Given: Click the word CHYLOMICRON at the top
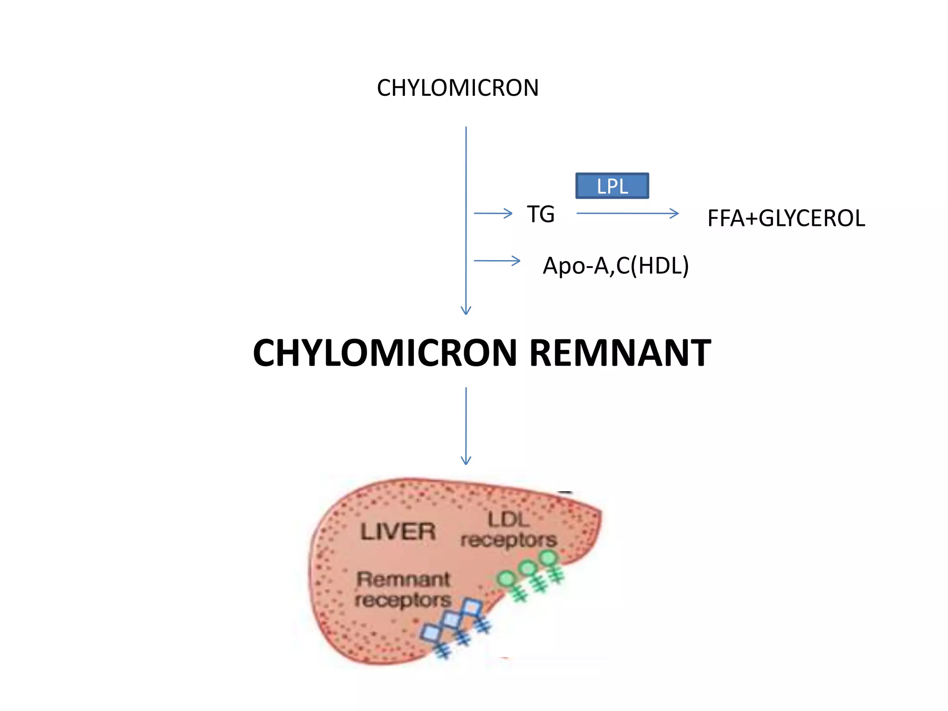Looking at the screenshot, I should coord(457,88).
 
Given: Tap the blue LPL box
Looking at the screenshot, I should coord(612,186).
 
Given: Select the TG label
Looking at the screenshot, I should coord(541,214).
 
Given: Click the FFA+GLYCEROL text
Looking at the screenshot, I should coord(786,218).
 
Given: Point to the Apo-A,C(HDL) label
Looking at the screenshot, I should coord(616,266).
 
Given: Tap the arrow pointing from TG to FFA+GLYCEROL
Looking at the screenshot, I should coord(627,213).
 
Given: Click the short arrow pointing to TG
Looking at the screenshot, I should coord(493,213).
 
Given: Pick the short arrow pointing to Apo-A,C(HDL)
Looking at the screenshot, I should coord(497,261).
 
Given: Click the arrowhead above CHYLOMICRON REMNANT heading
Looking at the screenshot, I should coord(466,310).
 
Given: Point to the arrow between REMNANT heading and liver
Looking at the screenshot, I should coord(466,426).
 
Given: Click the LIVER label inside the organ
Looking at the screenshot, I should coord(398,531).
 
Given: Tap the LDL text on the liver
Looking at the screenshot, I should coord(508,519).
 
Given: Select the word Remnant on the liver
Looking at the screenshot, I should coord(403,580).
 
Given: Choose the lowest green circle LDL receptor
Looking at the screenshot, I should coord(507,579).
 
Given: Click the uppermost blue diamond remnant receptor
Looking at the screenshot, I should coord(472,607).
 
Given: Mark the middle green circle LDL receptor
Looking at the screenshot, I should coord(528,568).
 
